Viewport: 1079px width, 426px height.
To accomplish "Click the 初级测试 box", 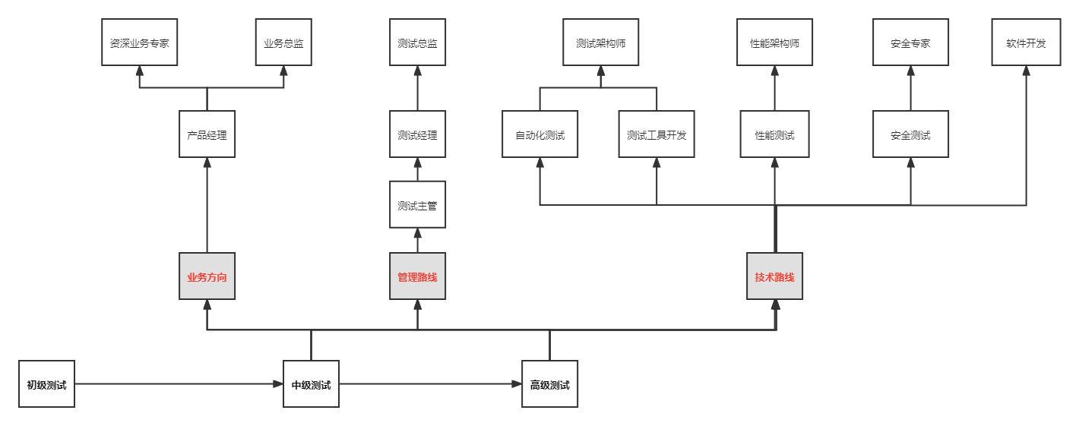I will point(46,384).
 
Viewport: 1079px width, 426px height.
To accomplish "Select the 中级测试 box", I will point(311,384).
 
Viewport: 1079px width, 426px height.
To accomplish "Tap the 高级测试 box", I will point(549,384).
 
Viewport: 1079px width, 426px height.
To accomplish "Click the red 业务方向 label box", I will point(207,276).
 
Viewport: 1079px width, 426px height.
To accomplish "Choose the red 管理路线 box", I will point(417,276).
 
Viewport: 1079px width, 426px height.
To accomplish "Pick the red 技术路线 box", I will point(774,276).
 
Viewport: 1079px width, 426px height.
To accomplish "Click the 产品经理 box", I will point(207,134).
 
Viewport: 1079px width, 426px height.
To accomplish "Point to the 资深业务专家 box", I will point(139,43).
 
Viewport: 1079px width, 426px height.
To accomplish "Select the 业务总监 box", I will point(283,43).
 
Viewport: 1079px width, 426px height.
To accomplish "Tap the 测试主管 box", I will point(417,204).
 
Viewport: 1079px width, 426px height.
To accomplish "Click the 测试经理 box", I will point(417,134).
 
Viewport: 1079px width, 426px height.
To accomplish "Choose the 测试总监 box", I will point(417,43).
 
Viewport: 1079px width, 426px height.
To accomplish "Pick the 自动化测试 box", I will point(539,134).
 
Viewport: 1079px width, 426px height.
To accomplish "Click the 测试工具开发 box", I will point(657,134).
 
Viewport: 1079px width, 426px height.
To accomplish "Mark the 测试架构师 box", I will point(600,43).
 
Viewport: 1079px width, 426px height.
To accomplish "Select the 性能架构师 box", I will point(774,43).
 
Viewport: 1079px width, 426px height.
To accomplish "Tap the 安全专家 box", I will point(910,43).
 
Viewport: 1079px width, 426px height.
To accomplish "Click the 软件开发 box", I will point(1026,43).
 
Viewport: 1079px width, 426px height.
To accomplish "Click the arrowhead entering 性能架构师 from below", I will point(774,71).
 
